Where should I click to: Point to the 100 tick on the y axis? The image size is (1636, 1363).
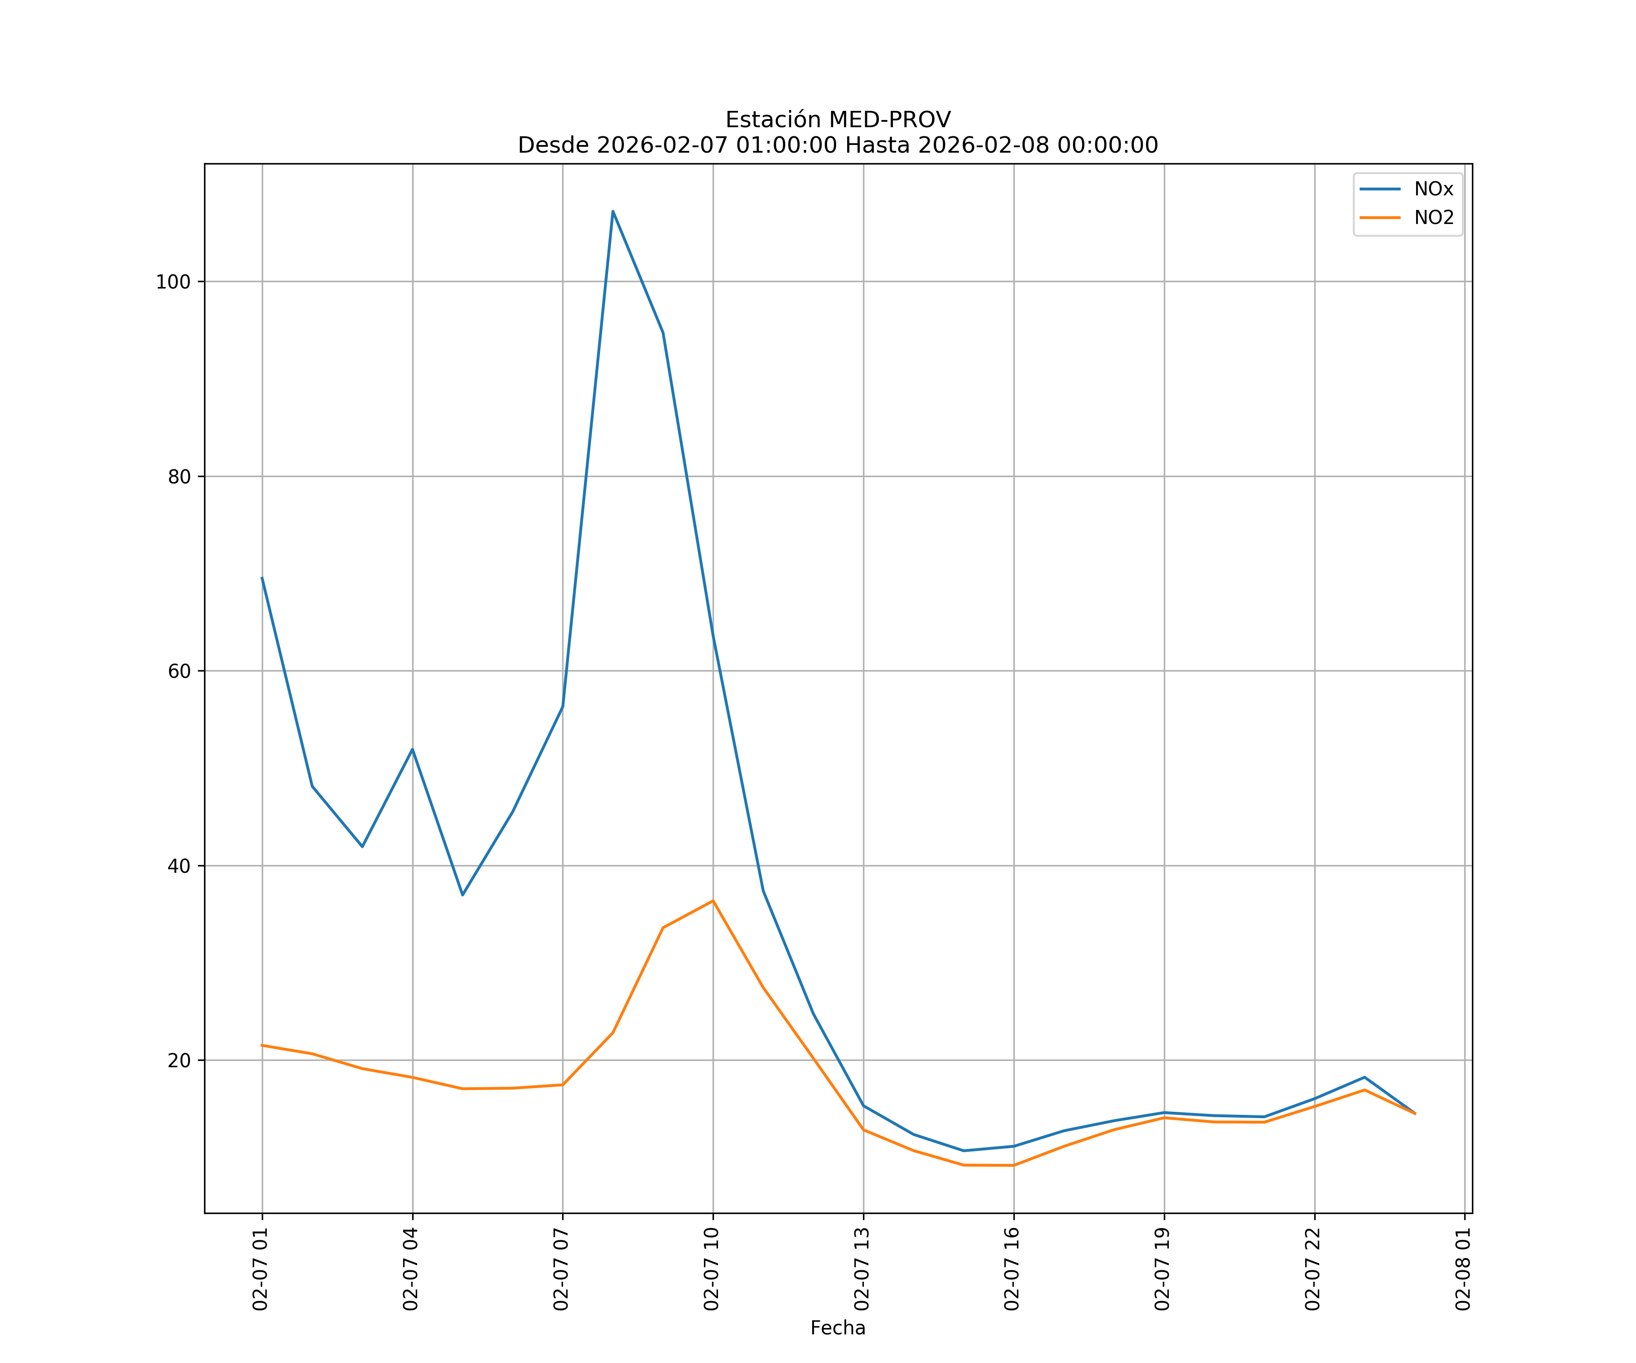(173, 282)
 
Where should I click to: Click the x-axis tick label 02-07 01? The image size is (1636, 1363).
(261, 1269)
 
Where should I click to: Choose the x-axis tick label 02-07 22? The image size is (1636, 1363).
(1313, 1269)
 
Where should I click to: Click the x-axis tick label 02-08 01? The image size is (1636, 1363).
(1464, 1269)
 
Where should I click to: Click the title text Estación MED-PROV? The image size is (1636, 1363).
(838, 120)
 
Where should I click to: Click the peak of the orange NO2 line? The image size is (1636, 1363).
(713, 901)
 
